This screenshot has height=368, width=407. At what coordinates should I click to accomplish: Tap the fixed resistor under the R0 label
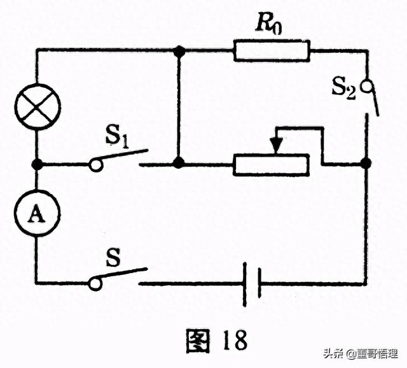[x=272, y=50]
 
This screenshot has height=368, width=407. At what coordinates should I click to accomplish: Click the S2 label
[x=343, y=87]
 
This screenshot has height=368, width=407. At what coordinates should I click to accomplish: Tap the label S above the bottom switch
[x=114, y=258]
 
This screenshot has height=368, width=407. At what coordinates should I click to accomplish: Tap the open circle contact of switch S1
[x=95, y=165]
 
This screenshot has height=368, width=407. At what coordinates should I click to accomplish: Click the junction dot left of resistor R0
[x=179, y=50]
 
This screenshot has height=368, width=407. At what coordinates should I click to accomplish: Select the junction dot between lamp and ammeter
[x=37, y=164]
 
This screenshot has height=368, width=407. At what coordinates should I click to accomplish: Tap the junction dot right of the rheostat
[x=366, y=164]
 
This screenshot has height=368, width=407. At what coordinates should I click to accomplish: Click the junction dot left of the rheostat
[x=179, y=164]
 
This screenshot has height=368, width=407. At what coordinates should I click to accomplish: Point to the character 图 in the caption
[x=198, y=340]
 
